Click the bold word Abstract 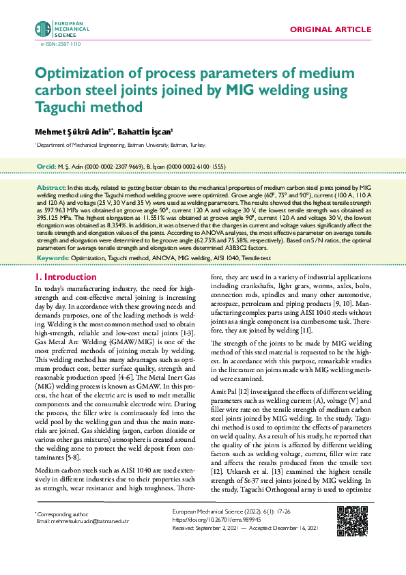pyautogui.click(x=50, y=186)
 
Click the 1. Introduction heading pyautogui.click(x=66, y=277)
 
